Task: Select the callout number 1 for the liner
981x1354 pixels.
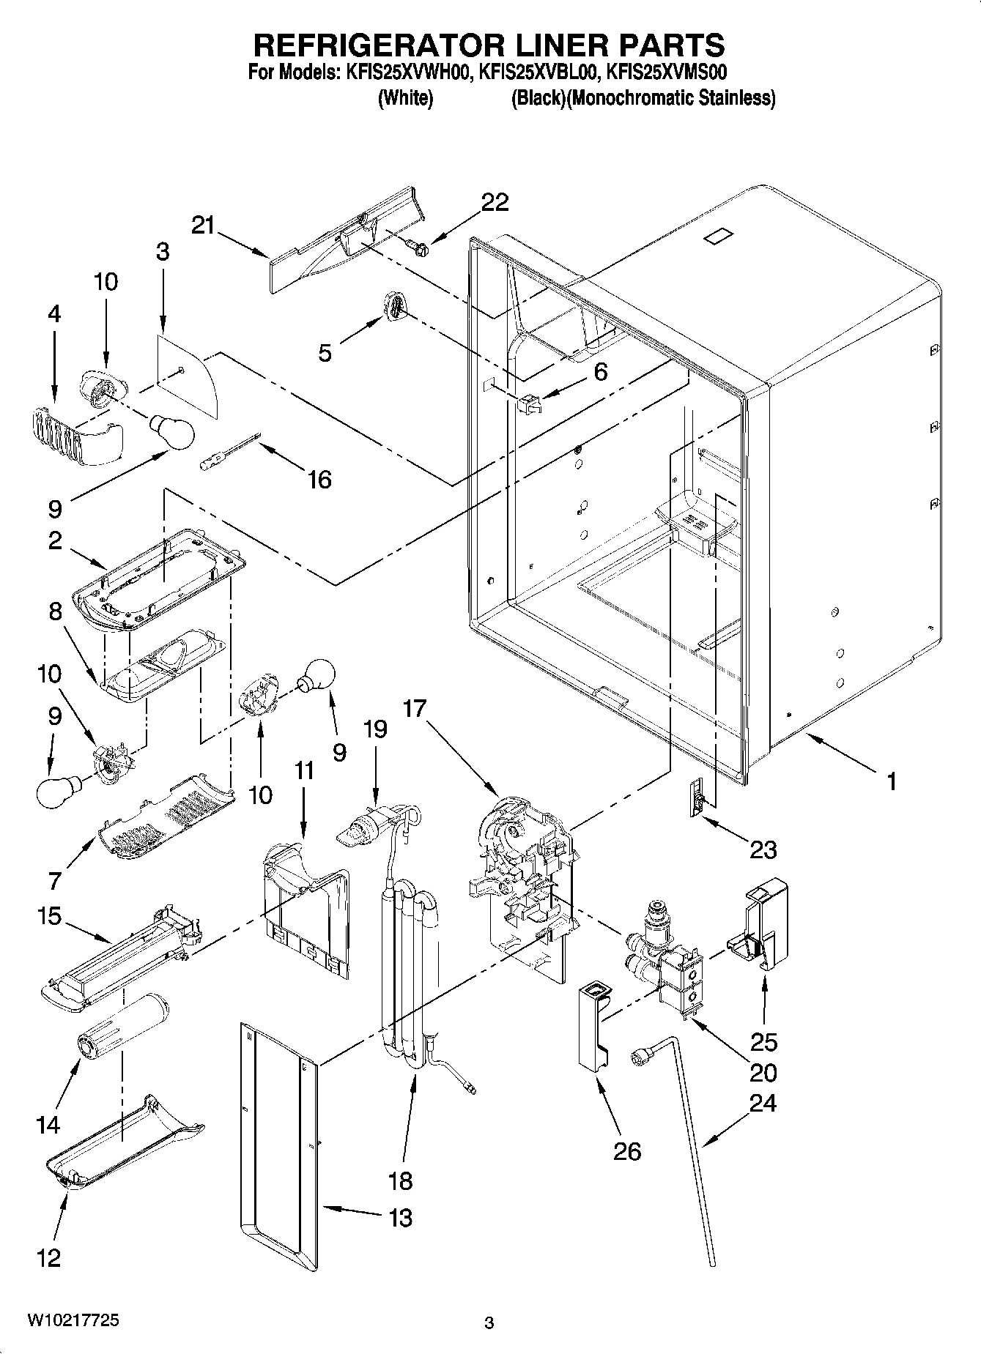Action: pyautogui.click(x=891, y=782)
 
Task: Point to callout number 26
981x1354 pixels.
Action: pyautogui.click(x=626, y=1151)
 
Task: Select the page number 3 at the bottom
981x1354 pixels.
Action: pyautogui.click(x=489, y=1323)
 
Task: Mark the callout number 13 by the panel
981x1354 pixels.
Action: pyautogui.click(x=400, y=1218)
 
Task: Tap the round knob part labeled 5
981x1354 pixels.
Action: pyautogui.click(x=394, y=305)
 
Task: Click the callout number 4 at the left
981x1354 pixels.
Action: pyautogui.click(x=53, y=314)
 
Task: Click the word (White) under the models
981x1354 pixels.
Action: pyautogui.click(x=404, y=98)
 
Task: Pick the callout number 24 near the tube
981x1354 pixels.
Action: pyautogui.click(x=762, y=1103)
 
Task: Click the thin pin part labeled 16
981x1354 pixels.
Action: pyautogui.click(x=229, y=453)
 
